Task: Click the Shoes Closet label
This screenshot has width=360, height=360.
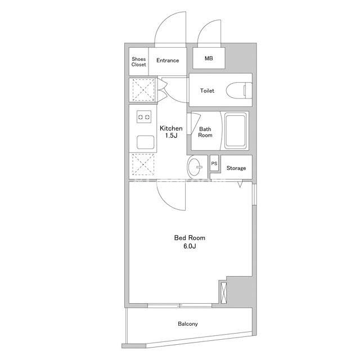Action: pos(139,62)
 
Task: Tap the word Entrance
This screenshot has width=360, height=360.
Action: pos(168,60)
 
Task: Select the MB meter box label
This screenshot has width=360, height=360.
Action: pos(209,58)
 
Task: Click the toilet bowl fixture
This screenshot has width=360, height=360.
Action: pos(238,91)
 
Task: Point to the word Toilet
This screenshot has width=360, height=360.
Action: pos(207,91)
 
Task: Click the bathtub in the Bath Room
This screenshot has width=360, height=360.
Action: pos(235,130)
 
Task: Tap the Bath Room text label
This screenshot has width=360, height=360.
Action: pos(205,132)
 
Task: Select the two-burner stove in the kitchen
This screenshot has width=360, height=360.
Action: pos(144,117)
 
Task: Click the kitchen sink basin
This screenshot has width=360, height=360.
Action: pos(146,142)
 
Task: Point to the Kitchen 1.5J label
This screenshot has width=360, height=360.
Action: pos(171,132)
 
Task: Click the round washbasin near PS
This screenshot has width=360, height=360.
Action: pos(194,167)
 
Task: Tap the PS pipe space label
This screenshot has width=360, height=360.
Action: pos(214,164)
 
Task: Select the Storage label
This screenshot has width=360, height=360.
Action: pos(236,168)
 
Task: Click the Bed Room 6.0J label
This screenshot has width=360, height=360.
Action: pos(190,242)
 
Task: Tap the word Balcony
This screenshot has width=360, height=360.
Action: pos(188,324)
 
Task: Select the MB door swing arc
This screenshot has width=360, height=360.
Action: pos(202,29)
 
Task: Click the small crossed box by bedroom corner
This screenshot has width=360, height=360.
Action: pos(223,292)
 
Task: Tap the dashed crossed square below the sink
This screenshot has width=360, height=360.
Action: pos(143,164)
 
